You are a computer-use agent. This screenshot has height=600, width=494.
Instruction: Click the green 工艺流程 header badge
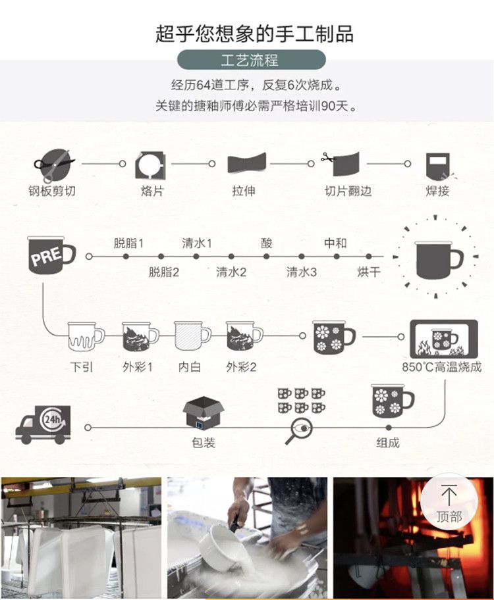click(251, 60)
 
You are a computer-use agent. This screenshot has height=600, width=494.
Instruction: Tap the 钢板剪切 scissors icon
click(53, 164)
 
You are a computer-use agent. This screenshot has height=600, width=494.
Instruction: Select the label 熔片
click(151, 191)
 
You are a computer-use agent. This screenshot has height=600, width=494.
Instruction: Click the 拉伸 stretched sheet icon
click(246, 163)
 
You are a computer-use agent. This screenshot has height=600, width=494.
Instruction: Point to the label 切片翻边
click(348, 191)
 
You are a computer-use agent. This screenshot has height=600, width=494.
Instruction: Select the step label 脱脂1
click(128, 243)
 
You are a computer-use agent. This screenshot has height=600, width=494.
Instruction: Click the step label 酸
click(266, 243)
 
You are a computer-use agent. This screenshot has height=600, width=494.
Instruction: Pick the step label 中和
click(335, 243)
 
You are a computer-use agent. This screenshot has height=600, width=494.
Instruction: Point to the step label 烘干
click(369, 272)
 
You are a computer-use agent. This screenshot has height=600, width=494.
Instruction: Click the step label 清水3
click(301, 272)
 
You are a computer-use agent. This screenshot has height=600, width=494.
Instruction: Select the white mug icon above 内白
click(192, 336)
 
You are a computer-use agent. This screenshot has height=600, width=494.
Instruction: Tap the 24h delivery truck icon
click(42, 424)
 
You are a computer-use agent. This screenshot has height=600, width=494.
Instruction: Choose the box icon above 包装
click(203, 413)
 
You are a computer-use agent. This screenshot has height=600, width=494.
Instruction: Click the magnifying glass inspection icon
click(297, 430)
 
